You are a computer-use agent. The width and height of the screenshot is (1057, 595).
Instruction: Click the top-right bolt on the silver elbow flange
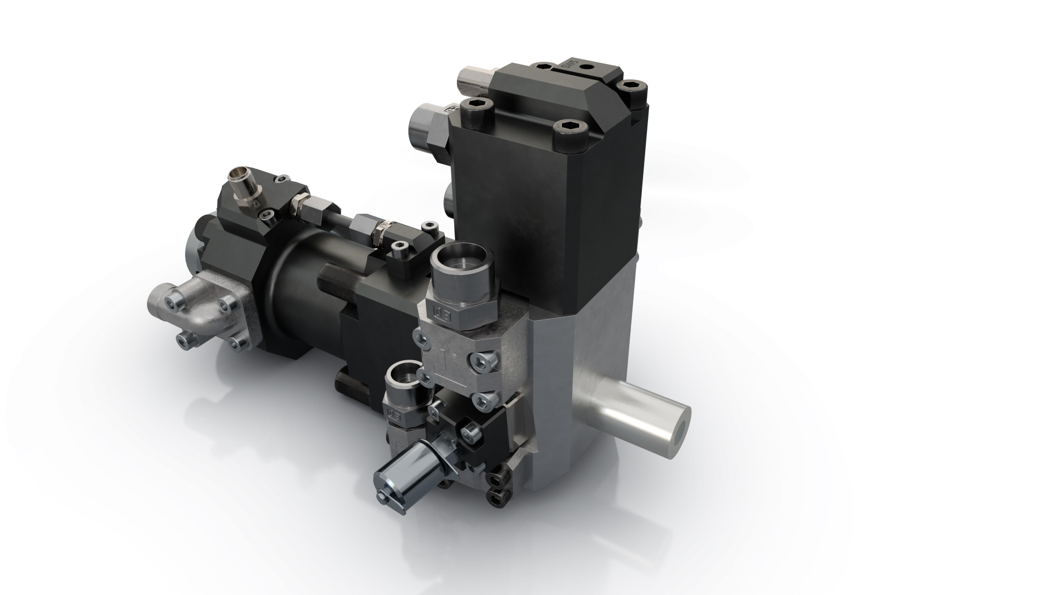click(227, 304)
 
